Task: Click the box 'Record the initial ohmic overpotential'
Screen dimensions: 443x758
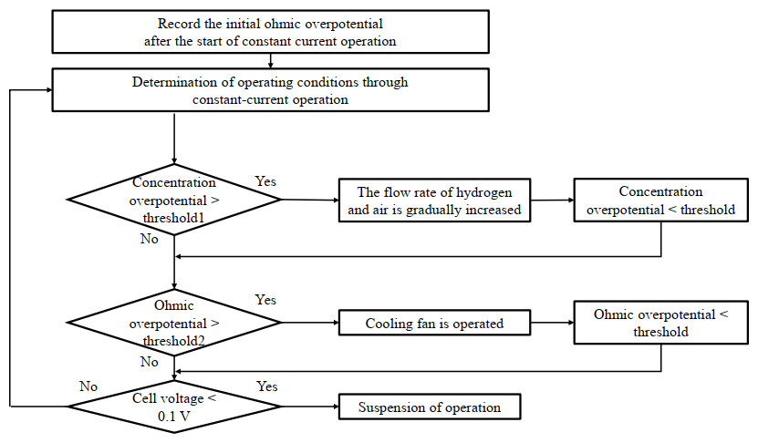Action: (271, 32)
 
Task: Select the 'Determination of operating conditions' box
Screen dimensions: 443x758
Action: (271, 90)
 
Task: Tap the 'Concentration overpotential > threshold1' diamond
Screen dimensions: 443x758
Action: (173, 200)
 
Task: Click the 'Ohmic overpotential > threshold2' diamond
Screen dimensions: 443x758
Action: (173, 322)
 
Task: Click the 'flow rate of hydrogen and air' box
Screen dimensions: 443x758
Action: (433, 201)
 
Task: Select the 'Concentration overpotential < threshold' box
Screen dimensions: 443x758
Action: (660, 201)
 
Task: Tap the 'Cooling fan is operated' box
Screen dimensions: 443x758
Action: (433, 323)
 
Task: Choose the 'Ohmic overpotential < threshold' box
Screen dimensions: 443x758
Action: (660, 323)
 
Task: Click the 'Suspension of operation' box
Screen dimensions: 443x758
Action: (430, 407)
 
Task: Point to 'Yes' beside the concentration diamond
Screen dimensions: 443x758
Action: (265, 181)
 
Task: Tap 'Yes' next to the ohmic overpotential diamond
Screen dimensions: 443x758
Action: (265, 301)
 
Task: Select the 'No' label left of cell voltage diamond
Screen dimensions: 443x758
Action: (88, 386)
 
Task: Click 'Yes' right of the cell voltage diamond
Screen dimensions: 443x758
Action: (268, 386)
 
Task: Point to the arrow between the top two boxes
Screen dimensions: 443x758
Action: (271, 60)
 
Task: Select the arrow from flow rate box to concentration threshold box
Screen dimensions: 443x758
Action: (551, 201)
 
